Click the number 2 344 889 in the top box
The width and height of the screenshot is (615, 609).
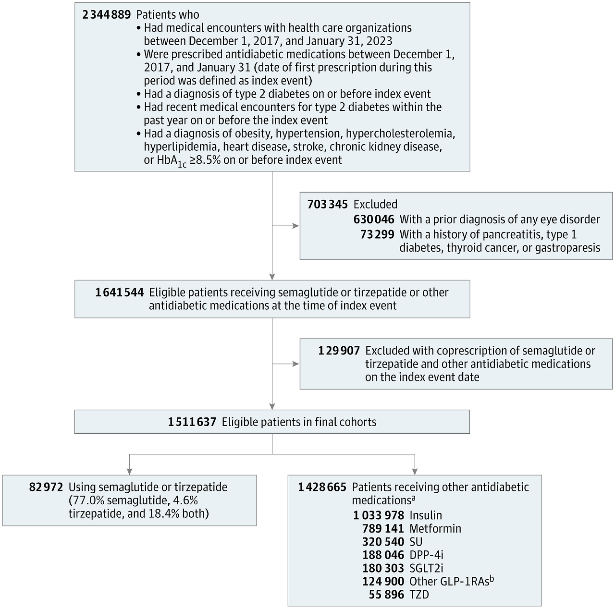pos(107,15)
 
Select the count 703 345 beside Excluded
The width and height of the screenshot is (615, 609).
pos(328,204)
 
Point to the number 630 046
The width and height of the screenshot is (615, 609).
pos(374,219)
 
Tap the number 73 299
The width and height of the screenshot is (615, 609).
pos(377,234)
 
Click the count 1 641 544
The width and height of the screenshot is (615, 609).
pos(120,292)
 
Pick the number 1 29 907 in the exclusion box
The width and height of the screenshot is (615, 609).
pos(339,351)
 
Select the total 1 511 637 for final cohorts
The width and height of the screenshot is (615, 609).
pos(192,422)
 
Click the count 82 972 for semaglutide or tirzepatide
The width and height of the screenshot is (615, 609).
pos(46,487)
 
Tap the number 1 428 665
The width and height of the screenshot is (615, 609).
pos(322,487)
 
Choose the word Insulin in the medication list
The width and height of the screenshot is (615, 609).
pos(426,515)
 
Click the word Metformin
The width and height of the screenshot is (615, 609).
pos(435,529)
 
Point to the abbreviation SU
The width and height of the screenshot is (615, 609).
pos(416,542)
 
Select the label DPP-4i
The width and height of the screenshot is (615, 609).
pos(426,555)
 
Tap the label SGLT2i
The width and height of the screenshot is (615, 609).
pos(426,568)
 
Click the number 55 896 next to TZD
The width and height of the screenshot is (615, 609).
pos(386,595)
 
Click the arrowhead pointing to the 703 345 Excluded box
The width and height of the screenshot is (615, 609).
pos(296,226)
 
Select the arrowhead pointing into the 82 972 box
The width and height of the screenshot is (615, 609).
pos(130,472)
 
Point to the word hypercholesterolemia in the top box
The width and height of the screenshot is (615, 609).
pos(401,134)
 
